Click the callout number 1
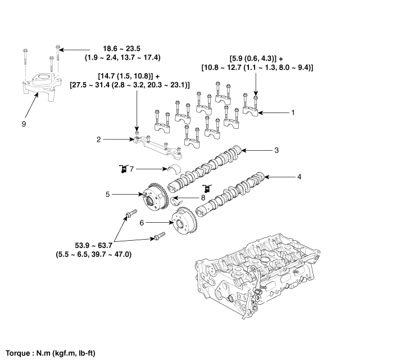click(x=293, y=112)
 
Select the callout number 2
click(x=98, y=139)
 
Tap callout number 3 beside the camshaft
click(x=277, y=150)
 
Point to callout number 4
click(x=299, y=177)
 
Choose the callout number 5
click(x=107, y=194)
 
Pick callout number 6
click(x=142, y=223)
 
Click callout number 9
click(x=24, y=124)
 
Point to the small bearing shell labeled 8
click(x=177, y=200)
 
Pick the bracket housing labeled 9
click(x=41, y=87)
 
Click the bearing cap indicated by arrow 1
click(x=251, y=111)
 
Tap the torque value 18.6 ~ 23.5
click(x=121, y=48)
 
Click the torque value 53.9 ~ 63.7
click(x=93, y=245)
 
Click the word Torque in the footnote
click(x=17, y=353)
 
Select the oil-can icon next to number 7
click(x=123, y=169)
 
